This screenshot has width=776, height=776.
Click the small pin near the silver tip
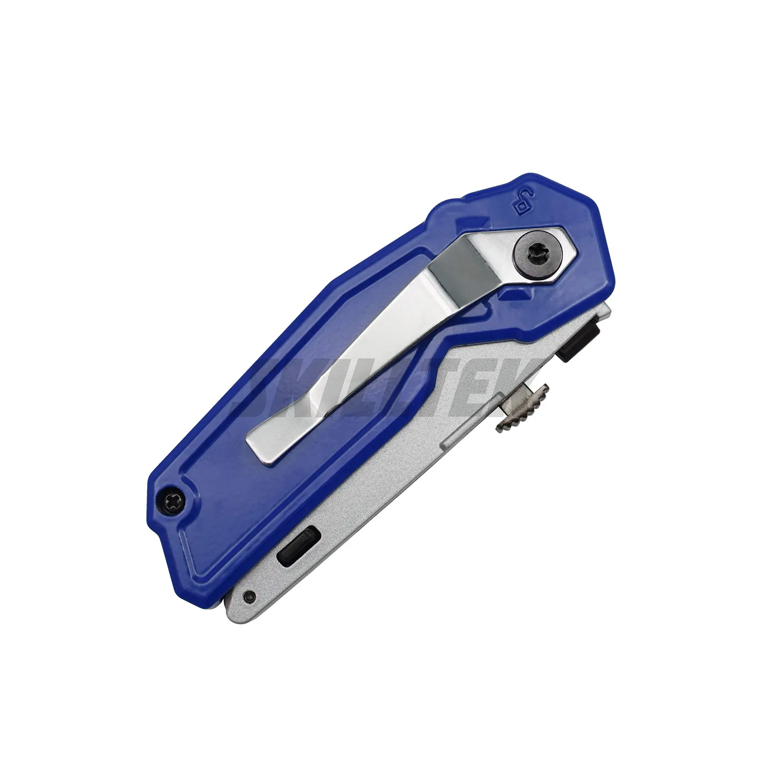[249, 596]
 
